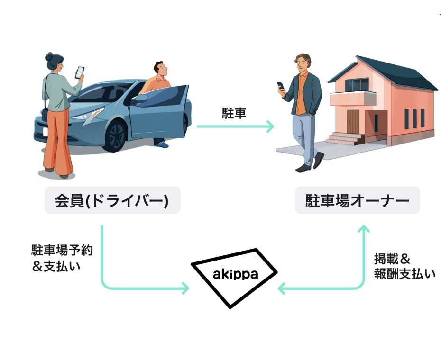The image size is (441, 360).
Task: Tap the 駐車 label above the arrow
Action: pyautogui.click(x=234, y=113)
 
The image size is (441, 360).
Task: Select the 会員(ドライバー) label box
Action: pyautogui.click(x=112, y=200)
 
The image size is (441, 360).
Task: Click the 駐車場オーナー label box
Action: pyautogui.click(x=357, y=200)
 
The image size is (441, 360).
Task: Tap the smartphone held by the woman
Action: pyautogui.click(x=80, y=72)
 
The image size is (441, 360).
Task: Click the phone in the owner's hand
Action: pyautogui.click(x=281, y=86)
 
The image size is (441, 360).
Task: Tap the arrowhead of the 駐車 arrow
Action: pyautogui.click(x=270, y=126)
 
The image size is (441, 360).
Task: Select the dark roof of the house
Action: pyautogui.click(x=394, y=73)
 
